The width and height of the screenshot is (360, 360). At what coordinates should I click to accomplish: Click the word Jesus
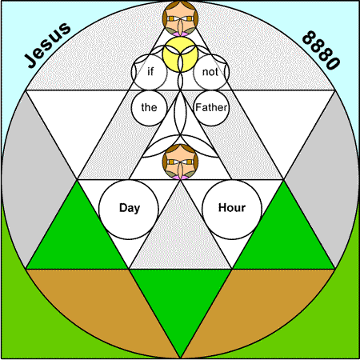pos(47,45)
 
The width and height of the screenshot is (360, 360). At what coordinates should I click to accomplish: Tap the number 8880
pos(322,50)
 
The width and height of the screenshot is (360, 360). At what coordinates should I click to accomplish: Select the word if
pos(150,71)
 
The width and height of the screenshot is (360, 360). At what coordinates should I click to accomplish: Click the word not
pos(210,72)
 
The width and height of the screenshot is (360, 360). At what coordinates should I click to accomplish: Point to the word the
pos(149,107)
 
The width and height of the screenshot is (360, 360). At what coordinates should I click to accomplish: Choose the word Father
pos(211,107)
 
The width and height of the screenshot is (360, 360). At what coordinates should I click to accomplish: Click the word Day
pos(130,208)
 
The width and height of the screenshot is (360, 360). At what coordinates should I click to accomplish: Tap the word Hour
pos(232,207)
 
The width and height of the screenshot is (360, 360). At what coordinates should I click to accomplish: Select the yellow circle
pos(180,54)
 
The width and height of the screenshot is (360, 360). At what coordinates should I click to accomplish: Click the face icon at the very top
pos(180,18)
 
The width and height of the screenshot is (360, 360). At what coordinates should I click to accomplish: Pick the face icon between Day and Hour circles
pos(180,162)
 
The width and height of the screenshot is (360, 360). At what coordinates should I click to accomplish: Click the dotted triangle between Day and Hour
pos(180,240)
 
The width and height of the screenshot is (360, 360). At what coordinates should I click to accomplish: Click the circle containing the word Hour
pos(232,210)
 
